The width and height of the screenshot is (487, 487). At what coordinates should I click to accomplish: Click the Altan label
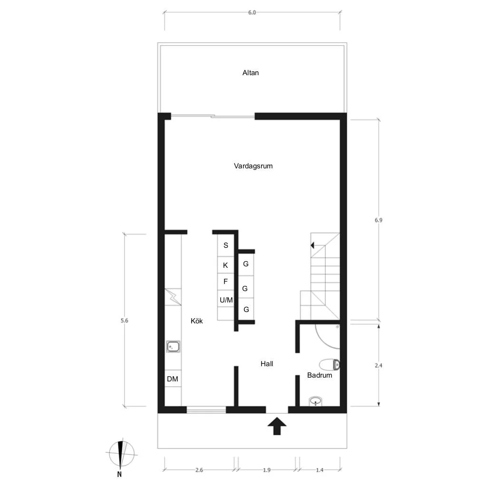pos(250,73)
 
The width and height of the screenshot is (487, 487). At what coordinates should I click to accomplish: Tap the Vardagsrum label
pos(253,166)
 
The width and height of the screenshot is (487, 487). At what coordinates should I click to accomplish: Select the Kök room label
pos(196,321)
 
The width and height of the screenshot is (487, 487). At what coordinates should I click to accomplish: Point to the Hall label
pos(267,364)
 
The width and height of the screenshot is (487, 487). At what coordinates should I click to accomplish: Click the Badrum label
pos(320,375)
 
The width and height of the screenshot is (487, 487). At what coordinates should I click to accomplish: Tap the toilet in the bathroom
pos(329,365)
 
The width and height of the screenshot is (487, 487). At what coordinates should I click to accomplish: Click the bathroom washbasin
pos(316,401)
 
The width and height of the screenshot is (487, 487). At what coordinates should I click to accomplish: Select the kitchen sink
pos(173,346)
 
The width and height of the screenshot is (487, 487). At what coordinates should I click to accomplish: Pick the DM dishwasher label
pos(172,379)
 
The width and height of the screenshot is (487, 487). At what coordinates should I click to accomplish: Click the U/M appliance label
pos(226,300)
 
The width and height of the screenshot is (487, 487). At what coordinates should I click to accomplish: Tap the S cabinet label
pos(226,245)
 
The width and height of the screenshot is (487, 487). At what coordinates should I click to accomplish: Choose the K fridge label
pos(225,265)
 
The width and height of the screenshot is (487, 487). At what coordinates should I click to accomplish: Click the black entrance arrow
pos(277,426)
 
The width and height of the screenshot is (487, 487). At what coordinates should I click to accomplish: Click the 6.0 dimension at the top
pos(252,12)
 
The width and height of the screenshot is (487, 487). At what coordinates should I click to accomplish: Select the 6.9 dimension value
pos(378,220)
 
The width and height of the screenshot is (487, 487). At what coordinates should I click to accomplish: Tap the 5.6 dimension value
pos(124,321)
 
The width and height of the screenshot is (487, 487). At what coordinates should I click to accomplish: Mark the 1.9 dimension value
pos(267,470)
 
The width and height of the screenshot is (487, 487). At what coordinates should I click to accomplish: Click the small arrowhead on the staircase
pos(312,245)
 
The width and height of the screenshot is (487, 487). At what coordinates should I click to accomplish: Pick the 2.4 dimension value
pos(378,366)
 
